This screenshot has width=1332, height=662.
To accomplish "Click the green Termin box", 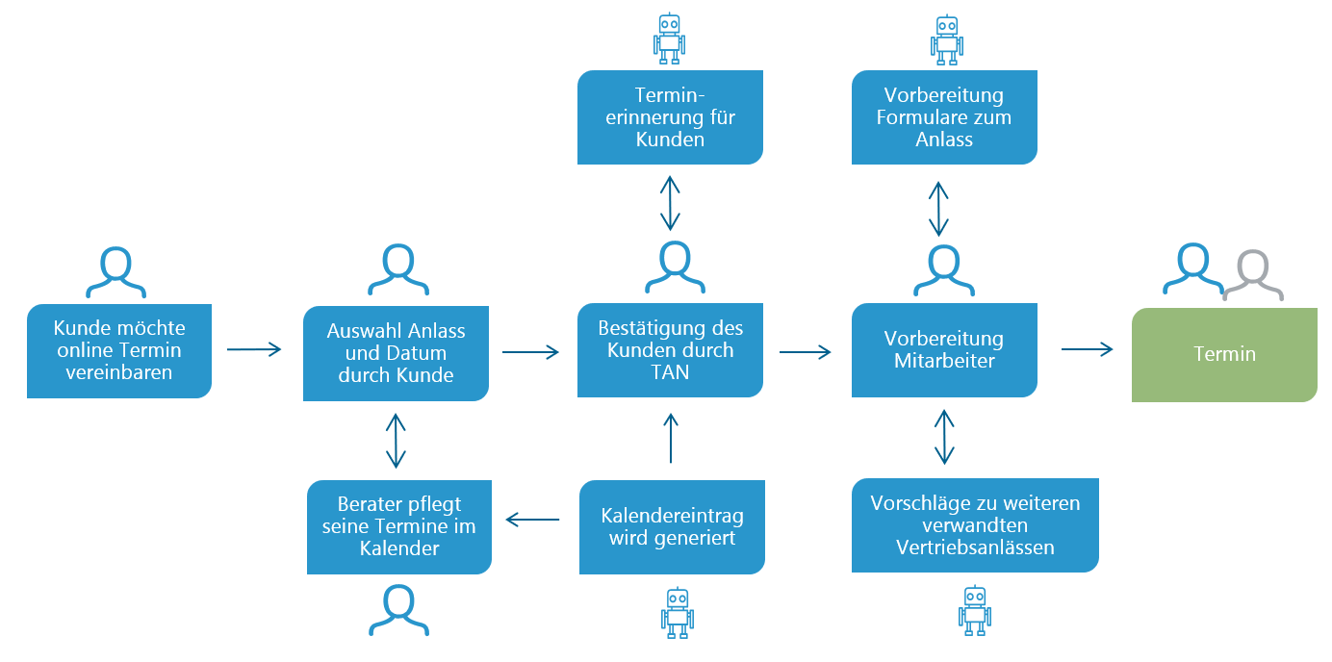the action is click(x=1224, y=355).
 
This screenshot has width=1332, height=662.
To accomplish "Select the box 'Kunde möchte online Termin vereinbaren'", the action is click(x=119, y=350).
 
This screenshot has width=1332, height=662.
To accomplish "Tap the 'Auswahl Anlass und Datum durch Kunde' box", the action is click(x=396, y=353).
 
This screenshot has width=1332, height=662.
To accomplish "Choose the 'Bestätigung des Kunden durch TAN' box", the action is click(x=670, y=350).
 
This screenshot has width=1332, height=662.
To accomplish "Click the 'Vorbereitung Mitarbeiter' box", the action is click(x=944, y=350).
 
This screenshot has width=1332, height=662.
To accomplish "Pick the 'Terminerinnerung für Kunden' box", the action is click(x=670, y=117).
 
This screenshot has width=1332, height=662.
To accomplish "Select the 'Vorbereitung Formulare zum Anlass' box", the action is click(x=944, y=117).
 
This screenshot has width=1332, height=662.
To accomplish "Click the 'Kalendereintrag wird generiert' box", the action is click(x=672, y=527).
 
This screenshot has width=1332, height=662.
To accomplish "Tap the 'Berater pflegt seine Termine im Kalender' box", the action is click(x=399, y=527).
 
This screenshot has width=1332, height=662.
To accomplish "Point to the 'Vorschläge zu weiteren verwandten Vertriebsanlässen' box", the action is click(x=975, y=525).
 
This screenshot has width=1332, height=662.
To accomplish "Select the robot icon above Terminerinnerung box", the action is click(x=670, y=38).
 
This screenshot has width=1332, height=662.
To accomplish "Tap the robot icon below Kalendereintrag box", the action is click(x=678, y=613).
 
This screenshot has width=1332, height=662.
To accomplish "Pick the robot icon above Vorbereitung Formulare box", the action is click(x=947, y=39).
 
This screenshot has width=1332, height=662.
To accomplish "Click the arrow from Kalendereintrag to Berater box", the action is click(x=533, y=520).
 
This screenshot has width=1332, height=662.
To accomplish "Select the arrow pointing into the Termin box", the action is click(x=1087, y=349).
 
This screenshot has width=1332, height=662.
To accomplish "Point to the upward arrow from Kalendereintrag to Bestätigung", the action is click(x=671, y=438).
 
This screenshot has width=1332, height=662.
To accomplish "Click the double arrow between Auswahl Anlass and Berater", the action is click(x=396, y=441).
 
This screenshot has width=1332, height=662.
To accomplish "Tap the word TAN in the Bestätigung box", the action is click(x=670, y=372).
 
